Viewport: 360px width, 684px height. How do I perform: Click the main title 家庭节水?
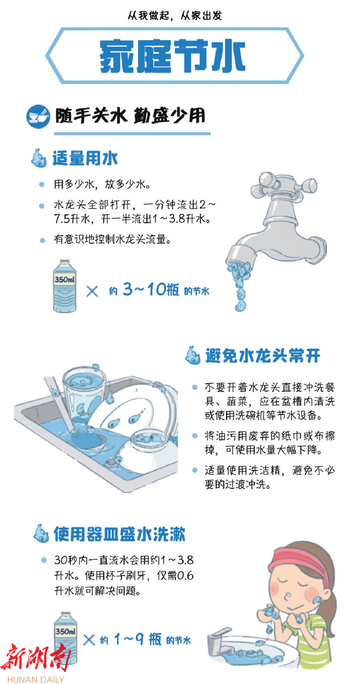click(172, 56)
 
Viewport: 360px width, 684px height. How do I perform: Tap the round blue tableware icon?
click(38, 117)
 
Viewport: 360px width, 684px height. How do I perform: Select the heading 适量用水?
click(85, 158)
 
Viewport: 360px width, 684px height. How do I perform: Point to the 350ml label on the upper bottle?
click(65, 280)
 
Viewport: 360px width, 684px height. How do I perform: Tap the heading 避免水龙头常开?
click(263, 356)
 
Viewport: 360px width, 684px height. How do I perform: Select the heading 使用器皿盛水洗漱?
click(120, 534)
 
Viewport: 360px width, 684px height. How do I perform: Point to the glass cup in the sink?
click(84, 394)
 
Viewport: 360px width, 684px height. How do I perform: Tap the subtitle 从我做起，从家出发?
click(174, 15)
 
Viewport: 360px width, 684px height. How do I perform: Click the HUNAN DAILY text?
click(36, 679)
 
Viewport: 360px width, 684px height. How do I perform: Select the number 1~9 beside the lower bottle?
click(129, 639)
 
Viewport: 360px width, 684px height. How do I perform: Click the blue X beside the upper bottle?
click(92, 291)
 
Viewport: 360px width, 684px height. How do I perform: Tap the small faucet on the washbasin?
click(219, 642)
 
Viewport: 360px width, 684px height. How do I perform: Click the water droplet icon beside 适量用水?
click(39, 158)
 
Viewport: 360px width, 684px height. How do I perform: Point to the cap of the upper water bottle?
click(65, 262)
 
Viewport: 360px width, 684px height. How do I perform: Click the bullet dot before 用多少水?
click(42, 184)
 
